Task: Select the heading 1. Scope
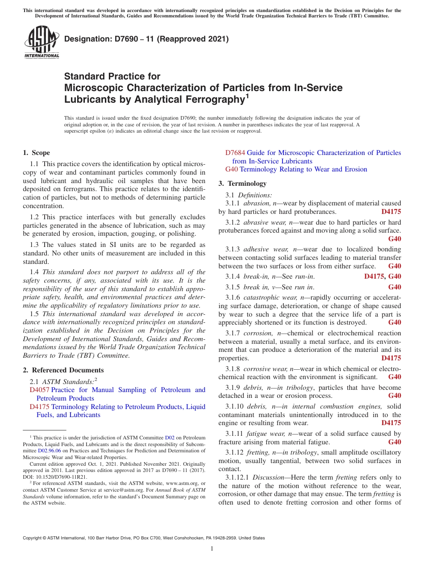36,153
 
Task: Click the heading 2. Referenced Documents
63,370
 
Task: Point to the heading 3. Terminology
242,184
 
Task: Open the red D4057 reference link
39,390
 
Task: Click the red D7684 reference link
235,153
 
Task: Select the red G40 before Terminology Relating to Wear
231,169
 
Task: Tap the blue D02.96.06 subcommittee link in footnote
48,451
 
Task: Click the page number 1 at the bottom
212,549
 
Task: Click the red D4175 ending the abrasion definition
391,212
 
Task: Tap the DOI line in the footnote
55,476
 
